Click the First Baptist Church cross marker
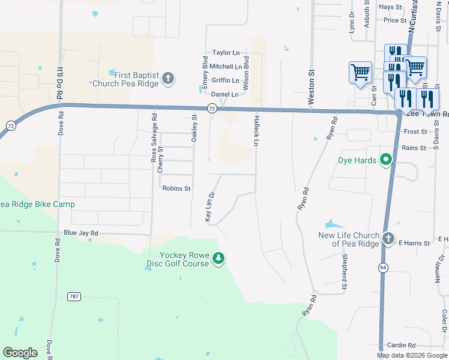pyautogui.click(x=169, y=77)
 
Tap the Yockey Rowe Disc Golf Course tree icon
pyautogui.click(x=219, y=259)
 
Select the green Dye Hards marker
pyautogui.click(x=385, y=160)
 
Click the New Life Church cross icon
pyautogui.click(x=388, y=237)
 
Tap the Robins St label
pyautogui.click(x=176, y=188)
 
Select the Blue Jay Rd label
pyautogui.click(x=80, y=233)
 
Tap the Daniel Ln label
pyautogui.click(x=224, y=95)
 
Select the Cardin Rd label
pyautogui.click(x=401, y=345)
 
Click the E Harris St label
pyautogui.click(x=415, y=244)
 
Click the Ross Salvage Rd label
pyautogui.click(x=154, y=139)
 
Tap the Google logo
pyautogui.click(x=20, y=352)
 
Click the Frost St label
pyautogui.click(x=415, y=132)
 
